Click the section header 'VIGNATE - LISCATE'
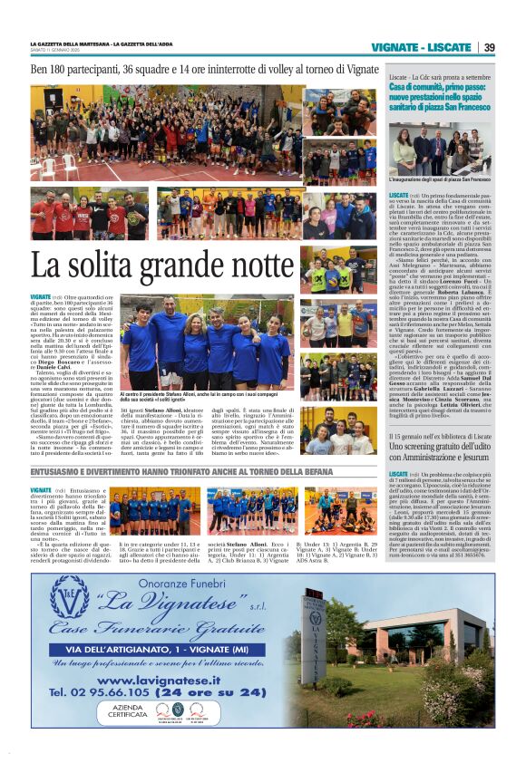pos(421,47)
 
